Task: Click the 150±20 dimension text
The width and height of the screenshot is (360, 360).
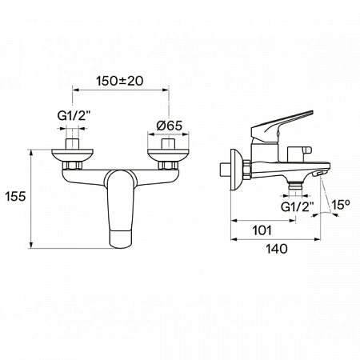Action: pyautogui.click(x=121, y=82)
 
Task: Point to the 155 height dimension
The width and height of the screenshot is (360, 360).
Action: pyautogui.click(x=12, y=195)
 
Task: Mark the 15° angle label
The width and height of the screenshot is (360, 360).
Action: pyautogui.click(x=341, y=206)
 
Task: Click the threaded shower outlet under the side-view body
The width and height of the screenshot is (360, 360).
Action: pyautogui.click(x=298, y=186)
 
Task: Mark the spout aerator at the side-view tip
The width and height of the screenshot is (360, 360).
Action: pyautogui.click(x=321, y=174)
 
